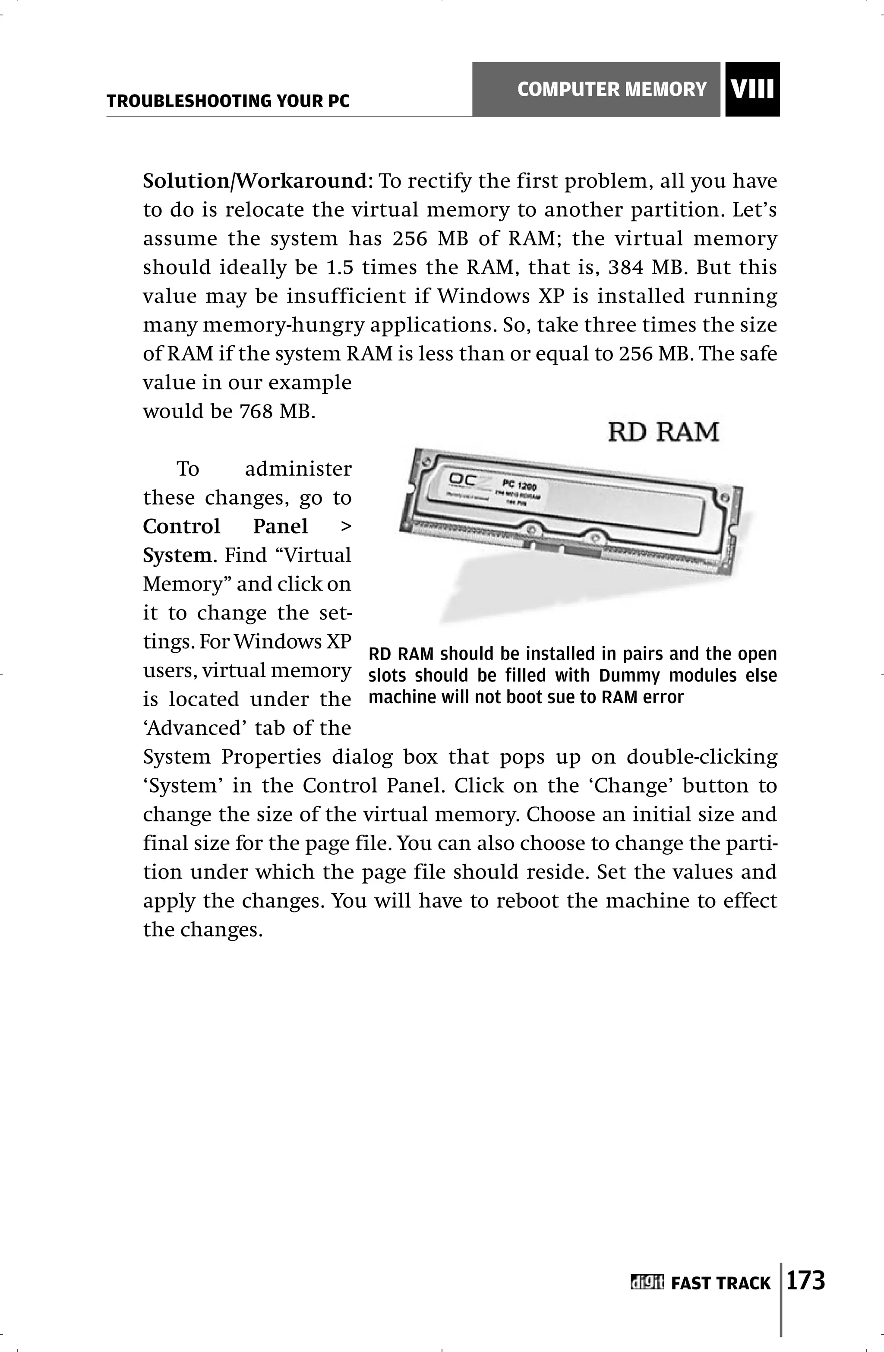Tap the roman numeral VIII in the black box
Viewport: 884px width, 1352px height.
[752, 90]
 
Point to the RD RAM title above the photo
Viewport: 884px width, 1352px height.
[663, 432]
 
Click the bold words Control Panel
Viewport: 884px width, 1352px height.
[225, 527]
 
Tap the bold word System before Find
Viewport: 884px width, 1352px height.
[177, 555]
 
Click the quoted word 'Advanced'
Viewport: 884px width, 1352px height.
[194, 728]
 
